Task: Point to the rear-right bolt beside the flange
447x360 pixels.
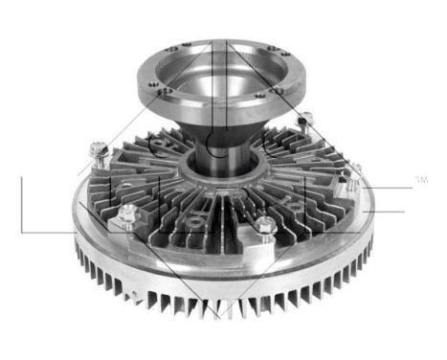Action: click(x=305, y=121)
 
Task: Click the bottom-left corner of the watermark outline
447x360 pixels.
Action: click(x=21, y=233)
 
